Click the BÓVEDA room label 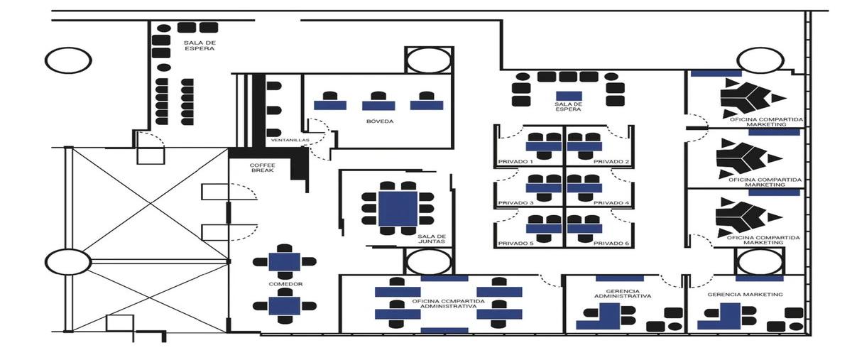coord(380,121)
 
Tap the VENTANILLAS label coord(290,140)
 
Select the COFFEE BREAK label coord(263,168)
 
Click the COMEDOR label coord(285,284)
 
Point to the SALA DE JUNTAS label coord(432,239)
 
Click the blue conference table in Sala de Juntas coord(398,209)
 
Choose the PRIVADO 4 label coord(611,203)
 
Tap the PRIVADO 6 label coord(611,243)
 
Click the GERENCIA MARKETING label coord(745,295)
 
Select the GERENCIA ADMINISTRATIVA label coord(623,293)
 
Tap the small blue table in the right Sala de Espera coord(569,96)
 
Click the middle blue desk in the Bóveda coord(378,106)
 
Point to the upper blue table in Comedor coord(285,262)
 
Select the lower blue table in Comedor coord(285,306)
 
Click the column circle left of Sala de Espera coord(68,60)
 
